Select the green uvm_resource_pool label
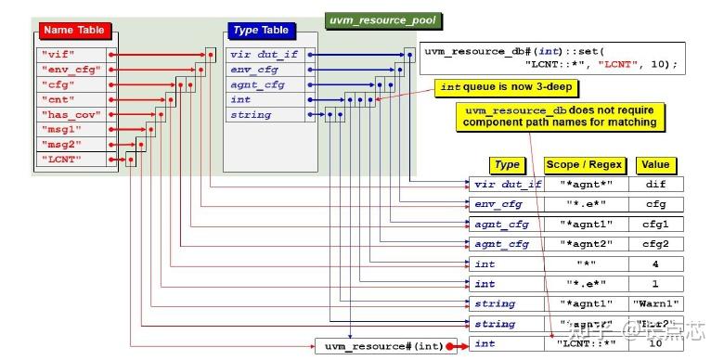coord(383,19)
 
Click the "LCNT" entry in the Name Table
coord(62,160)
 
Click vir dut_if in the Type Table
coord(263,54)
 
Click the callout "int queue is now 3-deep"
coord(508,88)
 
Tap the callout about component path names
coord(561,116)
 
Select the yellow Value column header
coord(655,165)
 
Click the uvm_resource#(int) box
coord(380,346)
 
